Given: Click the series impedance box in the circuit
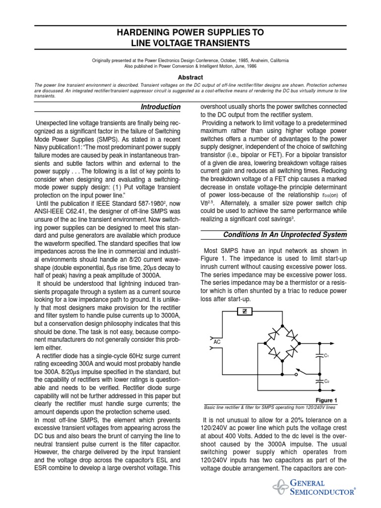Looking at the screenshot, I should click(244, 311).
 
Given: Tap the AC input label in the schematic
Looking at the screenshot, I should click(217, 342).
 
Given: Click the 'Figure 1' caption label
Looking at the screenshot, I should click(326, 400).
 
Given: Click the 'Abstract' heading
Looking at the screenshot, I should click(190, 77).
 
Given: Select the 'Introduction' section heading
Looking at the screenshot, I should click(161, 107).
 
